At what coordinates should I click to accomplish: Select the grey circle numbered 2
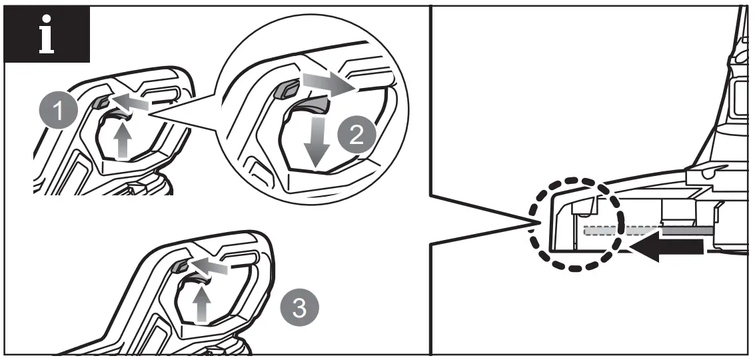(x=357, y=135)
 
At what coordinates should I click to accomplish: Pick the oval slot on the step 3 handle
(x=241, y=259)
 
